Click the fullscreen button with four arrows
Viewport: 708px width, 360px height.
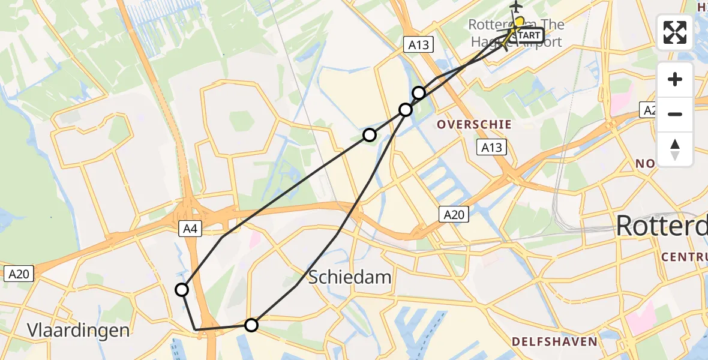[x=675, y=32]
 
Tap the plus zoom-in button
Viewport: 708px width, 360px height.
[x=675, y=80]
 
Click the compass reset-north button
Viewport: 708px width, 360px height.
[x=675, y=149]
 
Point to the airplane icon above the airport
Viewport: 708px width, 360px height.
[x=516, y=7]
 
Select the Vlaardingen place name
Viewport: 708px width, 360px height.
[x=79, y=330]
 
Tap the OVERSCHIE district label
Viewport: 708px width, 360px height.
[x=474, y=125]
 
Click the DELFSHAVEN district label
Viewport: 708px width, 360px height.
[x=554, y=341]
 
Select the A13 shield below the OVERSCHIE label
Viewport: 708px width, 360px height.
[x=491, y=147]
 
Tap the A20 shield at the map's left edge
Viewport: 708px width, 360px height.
[x=19, y=274]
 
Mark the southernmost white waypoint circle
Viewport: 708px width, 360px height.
[x=251, y=325]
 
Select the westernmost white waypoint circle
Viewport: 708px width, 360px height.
[x=182, y=290]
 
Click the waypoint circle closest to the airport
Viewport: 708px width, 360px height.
[x=419, y=93]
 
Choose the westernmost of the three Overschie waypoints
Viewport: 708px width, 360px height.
[x=370, y=135]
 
